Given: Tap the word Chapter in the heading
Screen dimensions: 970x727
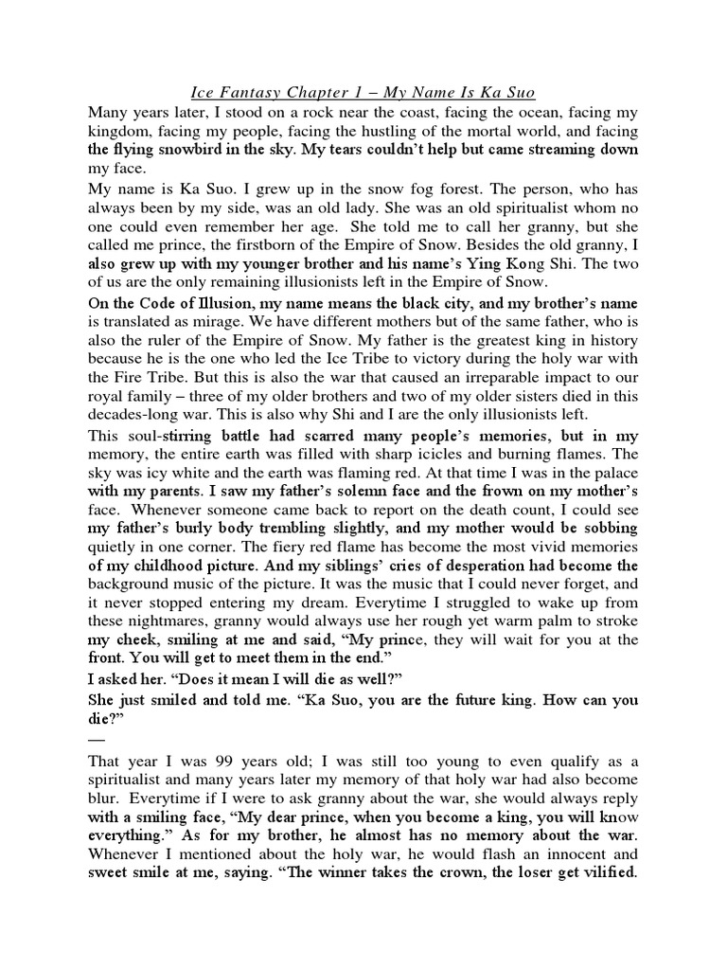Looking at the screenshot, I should tap(324, 93).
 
